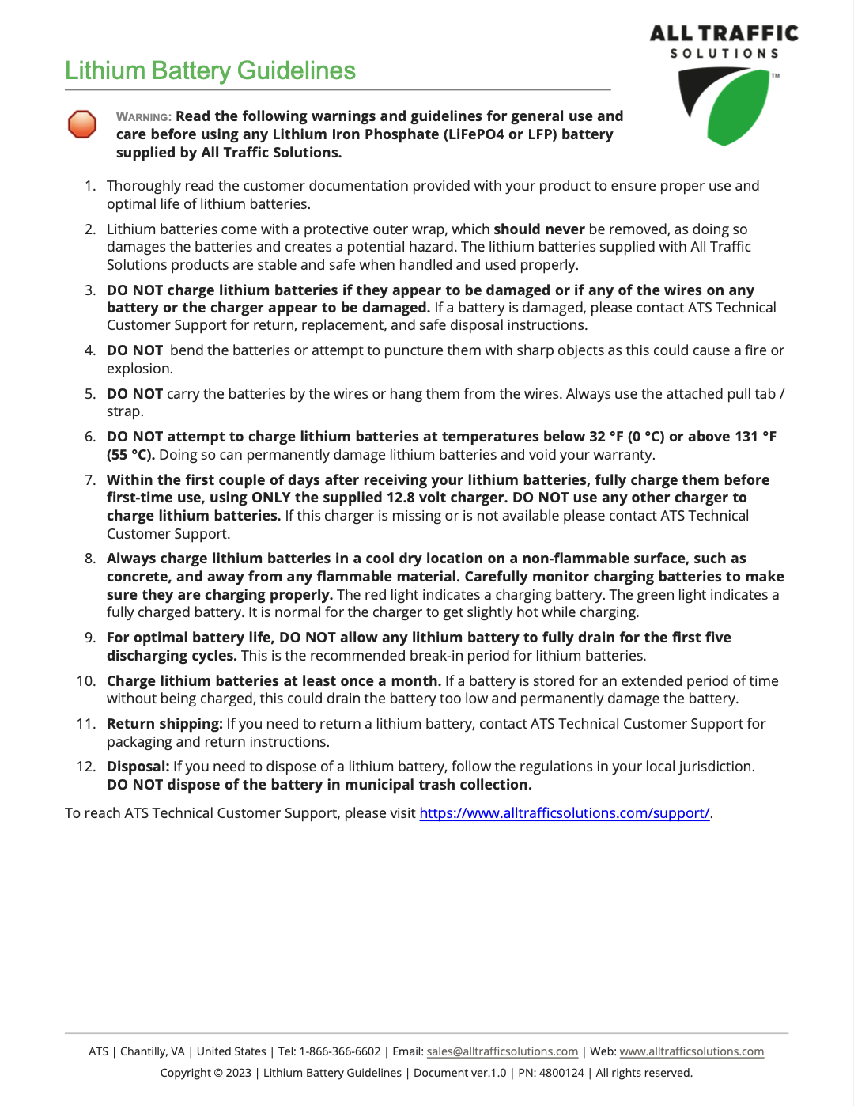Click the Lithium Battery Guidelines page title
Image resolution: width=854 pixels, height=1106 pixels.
210,71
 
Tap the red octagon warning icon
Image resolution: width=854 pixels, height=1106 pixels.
82,124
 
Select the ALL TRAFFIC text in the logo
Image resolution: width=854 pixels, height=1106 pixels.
724,33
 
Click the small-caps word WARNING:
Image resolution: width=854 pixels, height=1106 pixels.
144,117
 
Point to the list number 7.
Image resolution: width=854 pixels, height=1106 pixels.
90,480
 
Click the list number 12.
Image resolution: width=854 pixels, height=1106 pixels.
86,767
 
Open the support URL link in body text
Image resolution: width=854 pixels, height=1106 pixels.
564,813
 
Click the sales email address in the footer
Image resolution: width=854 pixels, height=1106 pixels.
502,1051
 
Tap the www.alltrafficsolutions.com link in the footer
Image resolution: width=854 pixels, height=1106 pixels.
691,1051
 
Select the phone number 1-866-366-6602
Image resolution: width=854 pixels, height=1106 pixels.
340,1051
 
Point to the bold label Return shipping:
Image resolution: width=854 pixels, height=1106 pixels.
164,724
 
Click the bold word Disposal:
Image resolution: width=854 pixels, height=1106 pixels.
138,767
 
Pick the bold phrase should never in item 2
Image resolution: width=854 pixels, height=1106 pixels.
539,229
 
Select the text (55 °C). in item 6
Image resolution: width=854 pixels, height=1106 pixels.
130,455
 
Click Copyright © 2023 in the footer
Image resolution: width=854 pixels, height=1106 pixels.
206,1073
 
